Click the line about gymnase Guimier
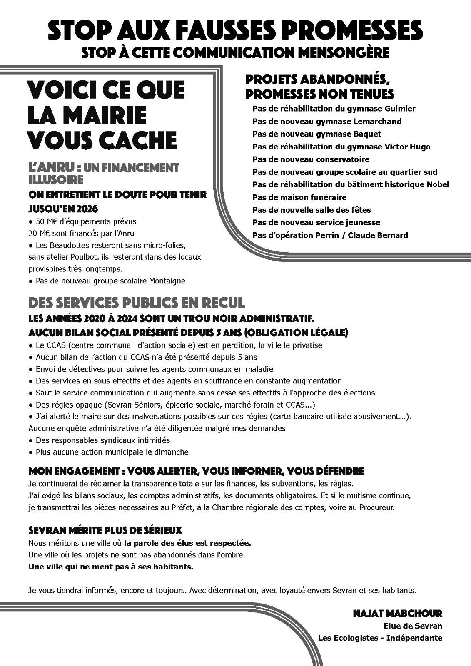(334, 109)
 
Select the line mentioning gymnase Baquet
(316, 134)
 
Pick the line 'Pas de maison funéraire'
(299, 197)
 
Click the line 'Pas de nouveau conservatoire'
(311, 159)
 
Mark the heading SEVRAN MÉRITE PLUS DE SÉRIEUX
(105, 531)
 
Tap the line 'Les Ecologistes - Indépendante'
(380, 638)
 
